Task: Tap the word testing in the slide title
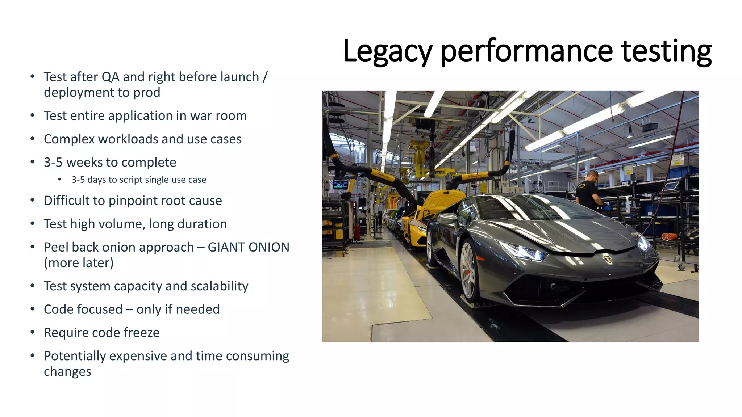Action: pos(666,51)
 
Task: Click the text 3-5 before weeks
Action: pos(53,162)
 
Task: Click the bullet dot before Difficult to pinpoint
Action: pos(33,201)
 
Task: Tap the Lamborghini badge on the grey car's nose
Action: pos(607,259)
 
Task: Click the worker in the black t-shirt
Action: pos(588,191)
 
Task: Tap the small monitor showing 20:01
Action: pos(340,185)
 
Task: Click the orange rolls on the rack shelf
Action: pos(669,237)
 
